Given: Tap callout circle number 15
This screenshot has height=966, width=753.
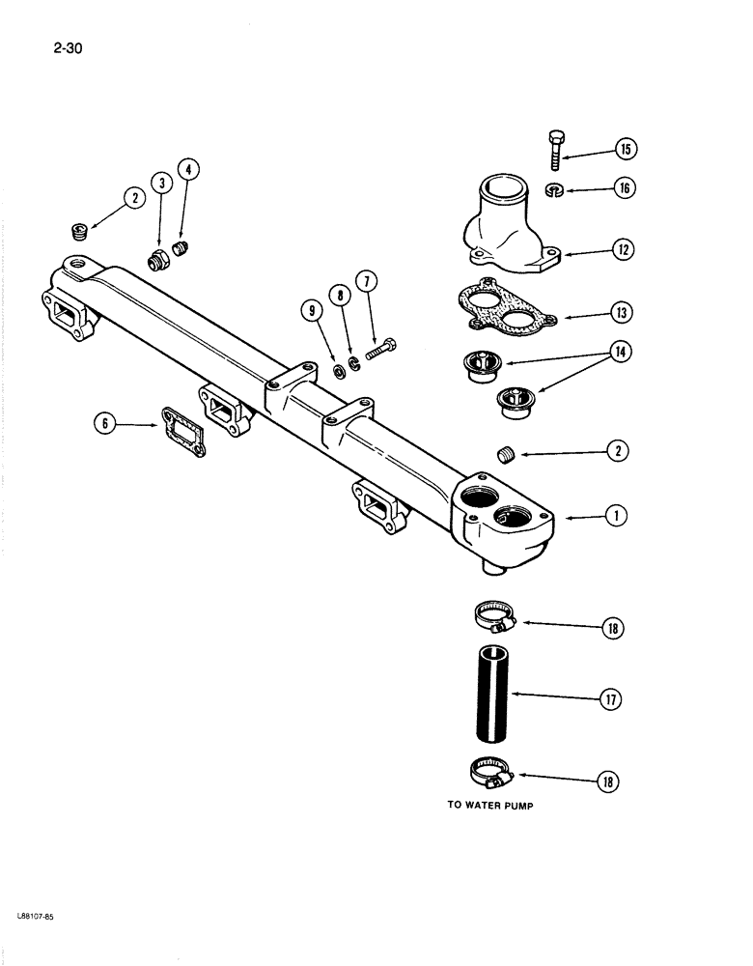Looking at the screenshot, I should pyautogui.click(x=627, y=150).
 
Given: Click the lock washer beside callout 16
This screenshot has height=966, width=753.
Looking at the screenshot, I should pyautogui.click(x=555, y=187).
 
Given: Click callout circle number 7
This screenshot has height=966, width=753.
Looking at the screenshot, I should pyautogui.click(x=366, y=282).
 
